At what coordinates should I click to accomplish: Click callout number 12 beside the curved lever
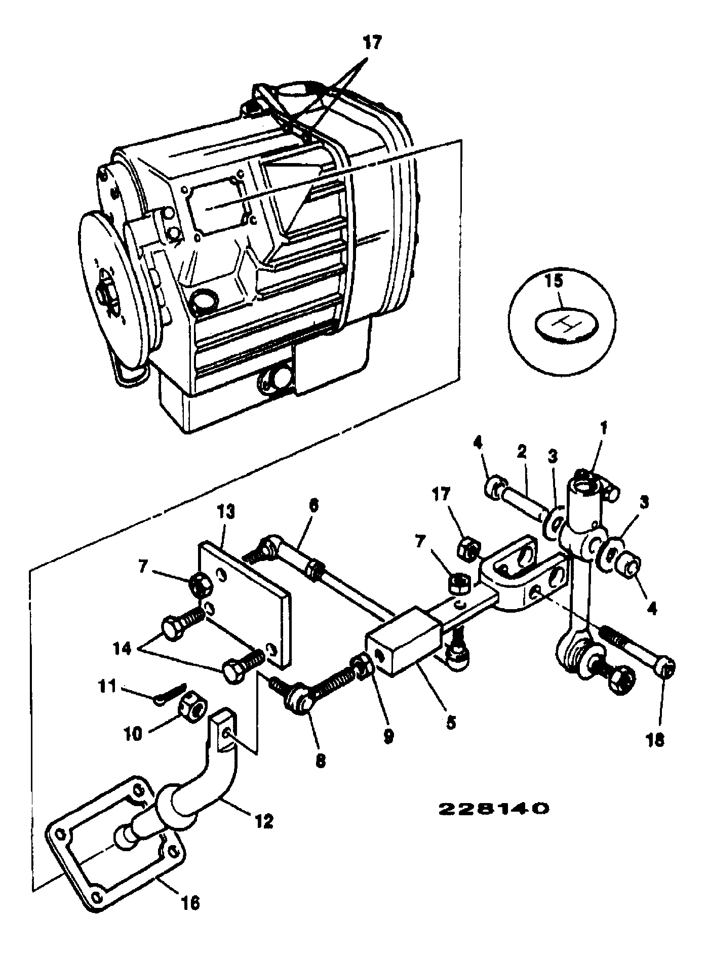263,820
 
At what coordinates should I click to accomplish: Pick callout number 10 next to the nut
134,734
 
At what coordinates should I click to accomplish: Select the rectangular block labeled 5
405,642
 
